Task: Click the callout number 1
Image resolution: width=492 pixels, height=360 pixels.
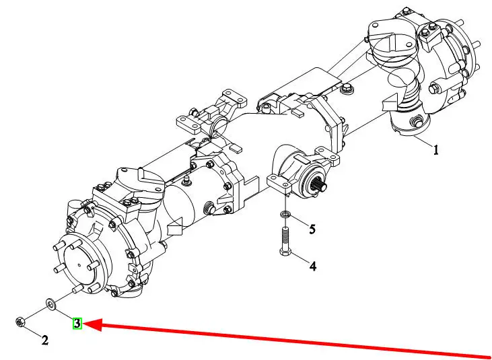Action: click(435, 150)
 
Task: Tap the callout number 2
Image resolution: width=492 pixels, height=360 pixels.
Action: click(45, 340)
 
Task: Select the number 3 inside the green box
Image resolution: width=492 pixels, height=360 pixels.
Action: click(77, 324)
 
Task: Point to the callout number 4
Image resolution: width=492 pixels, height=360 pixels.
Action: click(312, 266)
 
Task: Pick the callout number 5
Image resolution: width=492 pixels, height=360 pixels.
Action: click(312, 229)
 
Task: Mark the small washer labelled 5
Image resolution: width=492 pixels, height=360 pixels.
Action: click(285, 215)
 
